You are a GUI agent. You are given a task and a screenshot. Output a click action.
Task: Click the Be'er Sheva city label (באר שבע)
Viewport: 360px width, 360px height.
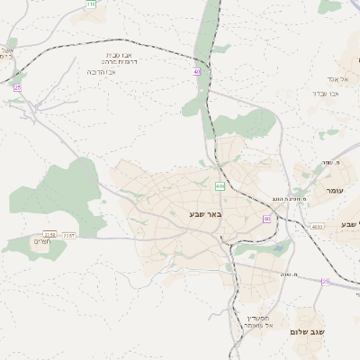(205, 214)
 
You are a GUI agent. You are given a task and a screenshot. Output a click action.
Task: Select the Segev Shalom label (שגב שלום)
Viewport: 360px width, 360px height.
(308, 332)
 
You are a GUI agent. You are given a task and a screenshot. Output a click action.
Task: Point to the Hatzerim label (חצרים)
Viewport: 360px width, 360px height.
(41, 242)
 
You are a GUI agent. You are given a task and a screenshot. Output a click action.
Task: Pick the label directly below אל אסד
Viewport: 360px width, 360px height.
(325, 93)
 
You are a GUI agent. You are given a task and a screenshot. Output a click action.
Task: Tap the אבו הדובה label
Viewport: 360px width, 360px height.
(105, 71)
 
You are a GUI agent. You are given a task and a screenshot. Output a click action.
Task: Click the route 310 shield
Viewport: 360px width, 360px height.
(90, 4)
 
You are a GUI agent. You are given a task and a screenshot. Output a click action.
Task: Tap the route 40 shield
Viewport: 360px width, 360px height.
(196, 71)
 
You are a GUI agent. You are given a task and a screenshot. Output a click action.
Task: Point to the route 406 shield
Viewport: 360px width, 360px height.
(220, 186)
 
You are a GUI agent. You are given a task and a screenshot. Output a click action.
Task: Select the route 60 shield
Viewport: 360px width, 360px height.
(266, 219)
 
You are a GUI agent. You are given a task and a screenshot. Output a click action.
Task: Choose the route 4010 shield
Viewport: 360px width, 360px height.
(317, 227)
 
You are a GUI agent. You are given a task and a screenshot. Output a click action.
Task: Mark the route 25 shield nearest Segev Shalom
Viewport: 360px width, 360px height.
(325, 282)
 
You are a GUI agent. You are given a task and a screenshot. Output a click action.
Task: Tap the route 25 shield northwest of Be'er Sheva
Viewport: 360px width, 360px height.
(17, 87)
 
